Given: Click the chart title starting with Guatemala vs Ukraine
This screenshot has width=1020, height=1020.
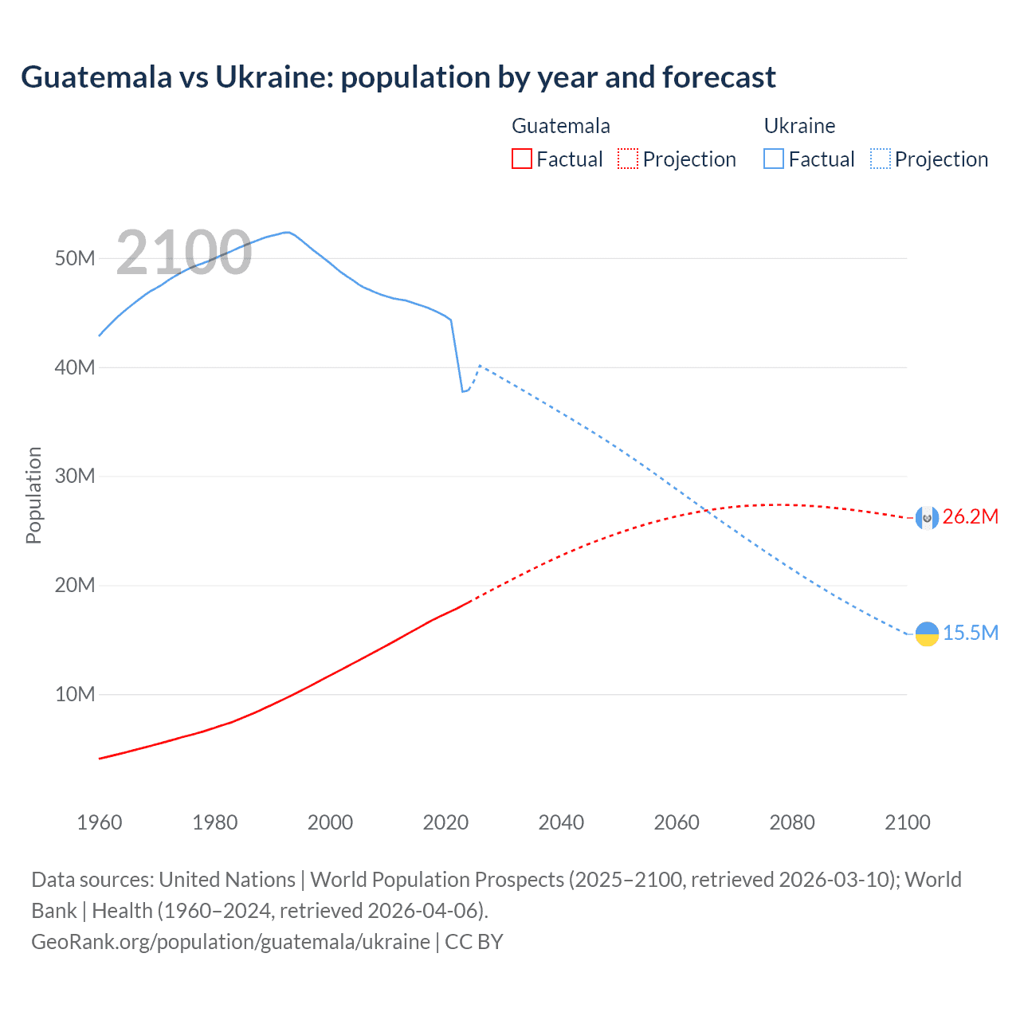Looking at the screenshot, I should click(x=398, y=77).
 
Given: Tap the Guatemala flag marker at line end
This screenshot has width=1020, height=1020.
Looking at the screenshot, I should click(x=927, y=518).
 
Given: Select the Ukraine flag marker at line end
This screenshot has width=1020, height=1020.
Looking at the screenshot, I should click(x=927, y=634).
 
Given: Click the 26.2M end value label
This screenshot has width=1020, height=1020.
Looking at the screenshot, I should click(x=970, y=517).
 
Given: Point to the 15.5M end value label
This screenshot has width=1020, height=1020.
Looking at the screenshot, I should click(x=970, y=634).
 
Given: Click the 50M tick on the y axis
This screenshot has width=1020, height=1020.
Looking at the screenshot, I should click(x=75, y=259).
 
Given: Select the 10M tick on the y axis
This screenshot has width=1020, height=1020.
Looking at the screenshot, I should click(x=75, y=695).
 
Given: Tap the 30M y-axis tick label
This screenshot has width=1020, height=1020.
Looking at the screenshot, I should click(x=75, y=477).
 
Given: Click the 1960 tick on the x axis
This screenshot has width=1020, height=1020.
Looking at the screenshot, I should click(x=100, y=822).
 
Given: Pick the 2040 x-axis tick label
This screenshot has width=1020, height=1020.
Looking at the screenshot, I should click(x=561, y=822).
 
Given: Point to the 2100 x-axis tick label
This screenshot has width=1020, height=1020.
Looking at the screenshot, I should click(x=907, y=822).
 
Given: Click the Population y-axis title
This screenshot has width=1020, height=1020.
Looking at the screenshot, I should click(x=33, y=495).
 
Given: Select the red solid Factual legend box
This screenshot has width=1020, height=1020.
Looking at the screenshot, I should click(x=521, y=159).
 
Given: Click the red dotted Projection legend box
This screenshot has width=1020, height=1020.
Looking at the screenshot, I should click(x=628, y=159).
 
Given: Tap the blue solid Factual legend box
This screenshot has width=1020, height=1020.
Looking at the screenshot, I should click(x=773, y=159).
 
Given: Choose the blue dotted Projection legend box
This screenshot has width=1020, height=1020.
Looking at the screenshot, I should click(x=880, y=159).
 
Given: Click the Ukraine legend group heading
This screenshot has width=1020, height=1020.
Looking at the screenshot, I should click(x=799, y=126).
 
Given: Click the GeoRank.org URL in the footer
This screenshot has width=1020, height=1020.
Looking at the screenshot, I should click(x=230, y=942).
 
